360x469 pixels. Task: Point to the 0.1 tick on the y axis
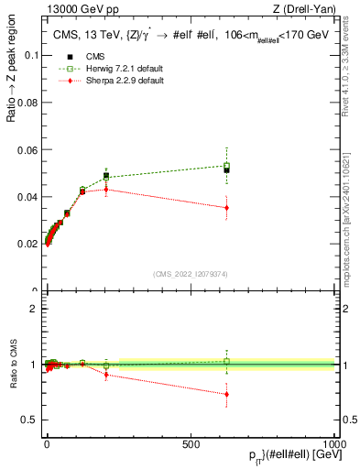point(31,55)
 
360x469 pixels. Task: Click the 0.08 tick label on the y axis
point(27,103)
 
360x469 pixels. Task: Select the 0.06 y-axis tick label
point(27,149)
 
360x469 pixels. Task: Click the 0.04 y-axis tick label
point(27,197)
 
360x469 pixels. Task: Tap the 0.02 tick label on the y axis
point(27,245)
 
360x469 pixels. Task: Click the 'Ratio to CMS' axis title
point(12,364)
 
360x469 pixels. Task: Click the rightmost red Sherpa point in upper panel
point(226,208)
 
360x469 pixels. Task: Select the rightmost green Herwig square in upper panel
point(226,166)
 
